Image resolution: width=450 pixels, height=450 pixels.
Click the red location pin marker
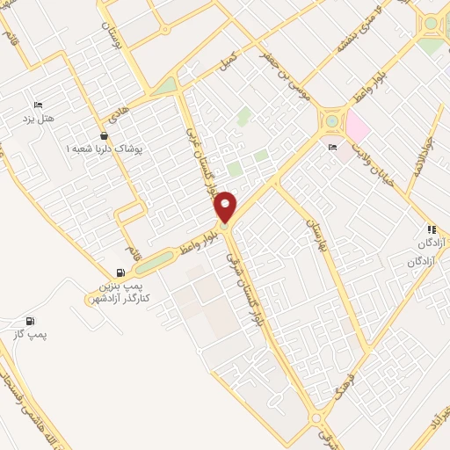[x=226, y=206]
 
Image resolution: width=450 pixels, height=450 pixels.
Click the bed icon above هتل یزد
[x=38, y=103]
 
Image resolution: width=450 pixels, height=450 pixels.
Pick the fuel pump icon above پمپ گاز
[x=31, y=321]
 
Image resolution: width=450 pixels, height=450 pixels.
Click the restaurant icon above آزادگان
[x=432, y=229]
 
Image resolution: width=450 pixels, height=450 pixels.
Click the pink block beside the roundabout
[x=358, y=127]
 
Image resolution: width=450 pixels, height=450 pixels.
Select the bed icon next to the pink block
[x=331, y=147]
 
